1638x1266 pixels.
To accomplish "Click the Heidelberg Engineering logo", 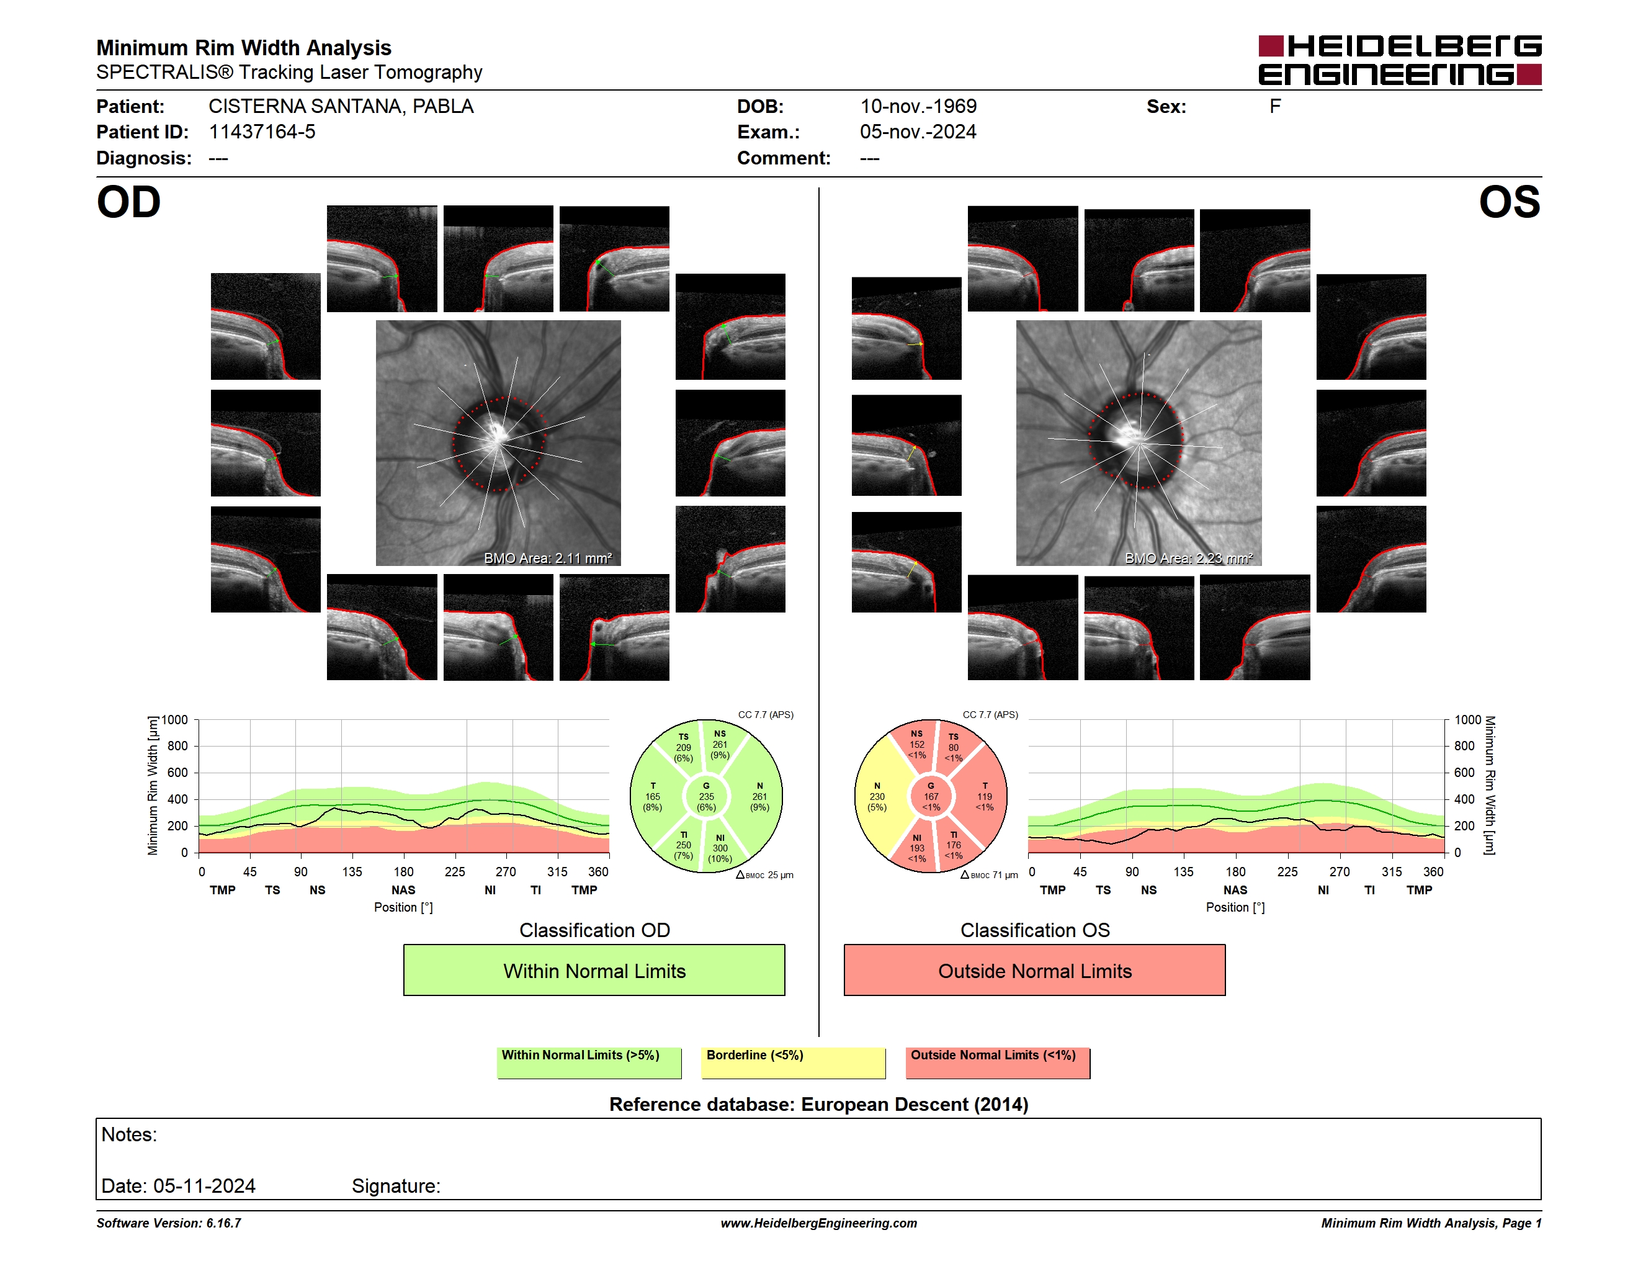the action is pyautogui.click(x=1400, y=60).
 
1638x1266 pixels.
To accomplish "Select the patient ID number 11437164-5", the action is pyautogui.click(x=262, y=132).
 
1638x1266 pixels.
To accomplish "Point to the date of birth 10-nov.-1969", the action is pyautogui.click(x=918, y=107).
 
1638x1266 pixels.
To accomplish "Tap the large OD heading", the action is pyautogui.click(x=128, y=202).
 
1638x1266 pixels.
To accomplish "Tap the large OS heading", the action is pyautogui.click(x=1509, y=202).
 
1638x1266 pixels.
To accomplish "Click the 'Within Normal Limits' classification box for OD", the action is pyautogui.click(x=594, y=970).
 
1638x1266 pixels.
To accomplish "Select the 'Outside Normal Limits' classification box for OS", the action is pyautogui.click(x=1034, y=970).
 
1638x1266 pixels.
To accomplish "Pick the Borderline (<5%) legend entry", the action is pyautogui.click(x=793, y=1062).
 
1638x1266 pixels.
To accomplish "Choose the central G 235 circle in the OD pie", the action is pyautogui.click(x=705, y=796).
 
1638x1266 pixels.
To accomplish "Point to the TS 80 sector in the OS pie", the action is pyautogui.click(x=955, y=745).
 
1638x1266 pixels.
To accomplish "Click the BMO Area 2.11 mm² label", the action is pyautogui.click(x=547, y=558).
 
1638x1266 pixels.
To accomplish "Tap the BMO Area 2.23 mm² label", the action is pyautogui.click(x=1189, y=558).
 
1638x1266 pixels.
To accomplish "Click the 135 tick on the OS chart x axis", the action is pyautogui.click(x=1183, y=871).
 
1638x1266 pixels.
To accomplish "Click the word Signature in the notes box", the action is pyautogui.click(x=396, y=1186).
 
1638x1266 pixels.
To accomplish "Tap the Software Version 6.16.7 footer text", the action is pyautogui.click(x=169, y=1223).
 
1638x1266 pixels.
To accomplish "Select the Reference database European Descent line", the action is pyautogui.click(x=819, y=1104).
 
